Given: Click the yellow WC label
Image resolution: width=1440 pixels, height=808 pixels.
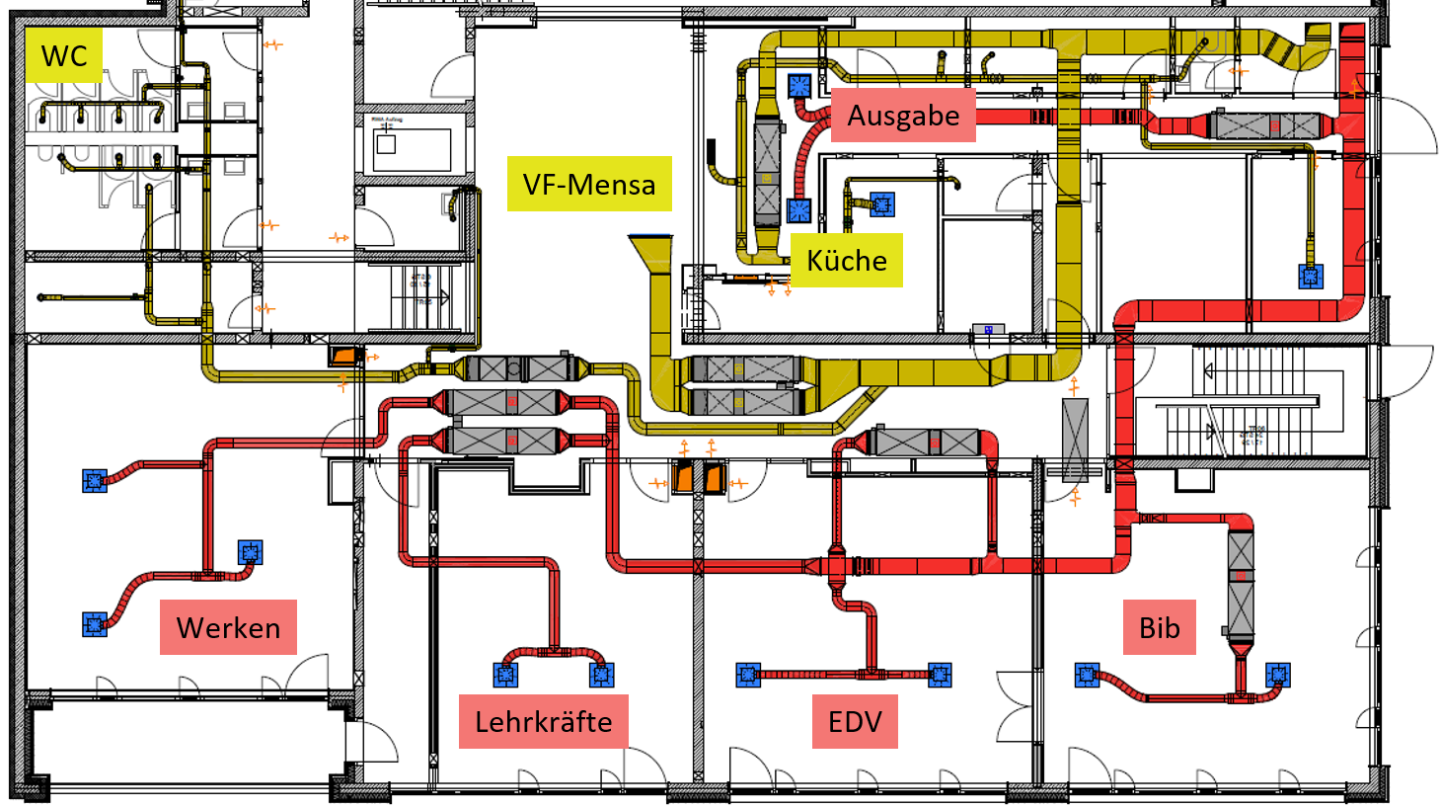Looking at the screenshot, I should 64,55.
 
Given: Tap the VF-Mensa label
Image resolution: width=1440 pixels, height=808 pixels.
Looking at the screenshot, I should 589,184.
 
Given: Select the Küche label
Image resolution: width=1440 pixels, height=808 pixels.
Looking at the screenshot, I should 847,260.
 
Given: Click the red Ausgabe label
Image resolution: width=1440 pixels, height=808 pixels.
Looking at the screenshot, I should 903,116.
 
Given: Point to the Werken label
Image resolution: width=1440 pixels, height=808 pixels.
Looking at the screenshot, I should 228,627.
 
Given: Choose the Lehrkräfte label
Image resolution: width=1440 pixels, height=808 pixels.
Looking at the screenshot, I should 543,721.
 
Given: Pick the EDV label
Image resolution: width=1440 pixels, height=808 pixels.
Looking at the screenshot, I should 855,721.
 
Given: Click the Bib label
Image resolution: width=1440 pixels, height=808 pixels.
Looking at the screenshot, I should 1159,627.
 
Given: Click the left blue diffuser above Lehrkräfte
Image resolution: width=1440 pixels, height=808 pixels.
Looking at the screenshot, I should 505,675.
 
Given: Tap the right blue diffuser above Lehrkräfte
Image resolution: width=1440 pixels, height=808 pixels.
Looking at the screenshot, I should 601,675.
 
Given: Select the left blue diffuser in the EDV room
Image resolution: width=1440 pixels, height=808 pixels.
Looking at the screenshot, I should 748,675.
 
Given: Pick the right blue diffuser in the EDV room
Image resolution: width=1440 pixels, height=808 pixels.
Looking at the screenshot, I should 940,675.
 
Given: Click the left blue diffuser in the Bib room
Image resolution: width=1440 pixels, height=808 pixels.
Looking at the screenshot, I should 1087,676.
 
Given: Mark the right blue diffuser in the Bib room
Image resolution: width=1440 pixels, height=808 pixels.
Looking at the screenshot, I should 1277,676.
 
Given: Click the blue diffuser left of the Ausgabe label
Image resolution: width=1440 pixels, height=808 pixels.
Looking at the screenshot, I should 799,86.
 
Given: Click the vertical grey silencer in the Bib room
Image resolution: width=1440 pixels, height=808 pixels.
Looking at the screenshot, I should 1241,583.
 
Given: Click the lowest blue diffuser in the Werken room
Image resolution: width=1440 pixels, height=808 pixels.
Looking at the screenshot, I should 95,624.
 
